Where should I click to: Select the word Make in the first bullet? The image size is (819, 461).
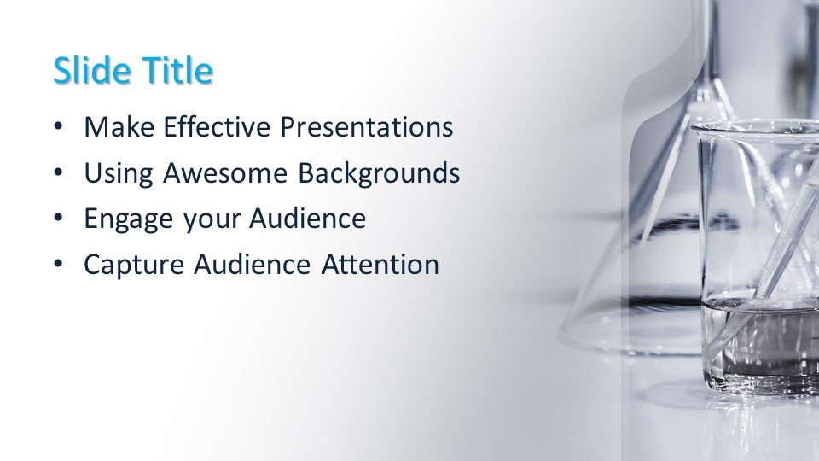click(119, 127)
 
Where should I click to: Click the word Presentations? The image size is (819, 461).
click(367, 127)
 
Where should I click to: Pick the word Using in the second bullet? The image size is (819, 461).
click(119, 173)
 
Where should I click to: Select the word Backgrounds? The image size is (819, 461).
click(379, 173)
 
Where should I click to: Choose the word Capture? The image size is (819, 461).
click(134, 265)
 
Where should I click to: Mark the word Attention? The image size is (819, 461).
click(380, 265)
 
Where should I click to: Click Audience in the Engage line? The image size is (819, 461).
click(307, 219)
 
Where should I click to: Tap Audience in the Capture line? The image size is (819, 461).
click(253, 265)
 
